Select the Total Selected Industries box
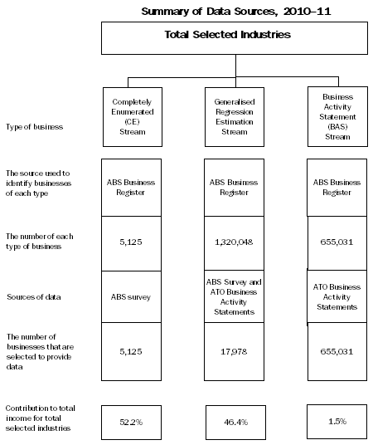pyautogui.click(x=236, y=37)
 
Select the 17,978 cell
pyautogui.click(x=233, y=351)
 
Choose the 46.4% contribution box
pyautogui.click(x=233, y=422)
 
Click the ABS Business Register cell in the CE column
pyautogui.click(x=129, y=188)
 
